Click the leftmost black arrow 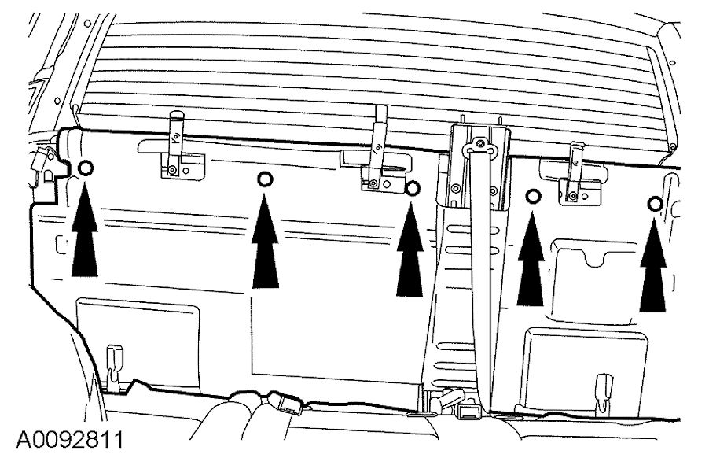point(85,240)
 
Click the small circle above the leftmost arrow point(86,167)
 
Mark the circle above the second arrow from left point(266,180)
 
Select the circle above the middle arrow point(412,187)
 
